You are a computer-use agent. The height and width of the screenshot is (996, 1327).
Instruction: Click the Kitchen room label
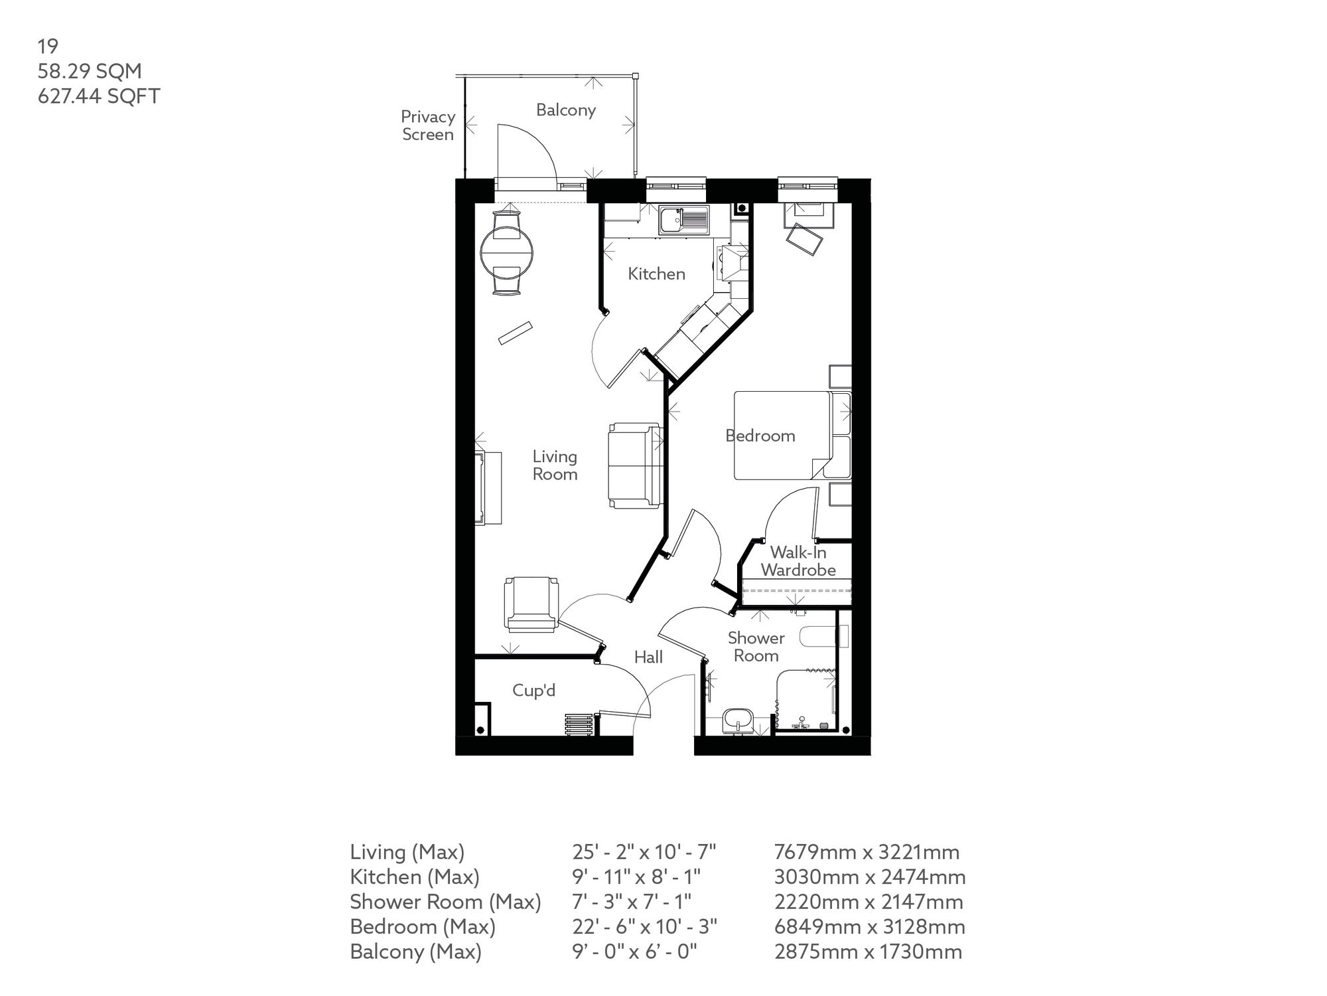(656, 274)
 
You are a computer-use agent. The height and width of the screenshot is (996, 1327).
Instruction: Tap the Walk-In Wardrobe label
(798, 561)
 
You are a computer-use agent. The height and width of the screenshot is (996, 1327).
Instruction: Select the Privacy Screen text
(428, 125)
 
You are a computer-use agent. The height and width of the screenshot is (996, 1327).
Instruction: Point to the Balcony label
(565, 110)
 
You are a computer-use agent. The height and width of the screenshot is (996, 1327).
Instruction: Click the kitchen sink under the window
(683, 220)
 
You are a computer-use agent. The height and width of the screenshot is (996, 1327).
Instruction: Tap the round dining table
(507, 253)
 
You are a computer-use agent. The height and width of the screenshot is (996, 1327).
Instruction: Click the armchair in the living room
(530, 604)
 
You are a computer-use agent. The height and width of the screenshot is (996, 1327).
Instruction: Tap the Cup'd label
(533, 691)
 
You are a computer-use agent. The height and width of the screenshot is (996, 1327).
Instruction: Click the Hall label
(648, 657)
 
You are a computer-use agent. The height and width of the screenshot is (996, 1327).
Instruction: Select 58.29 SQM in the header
(90, 71)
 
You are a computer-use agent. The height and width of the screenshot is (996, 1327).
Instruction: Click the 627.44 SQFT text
(99, 96)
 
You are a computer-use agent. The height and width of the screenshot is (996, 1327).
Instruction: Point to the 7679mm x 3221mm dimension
(867, 852)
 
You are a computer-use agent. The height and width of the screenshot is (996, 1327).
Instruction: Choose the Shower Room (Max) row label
(445, 902)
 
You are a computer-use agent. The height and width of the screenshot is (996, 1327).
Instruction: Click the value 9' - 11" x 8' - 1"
(636, 877)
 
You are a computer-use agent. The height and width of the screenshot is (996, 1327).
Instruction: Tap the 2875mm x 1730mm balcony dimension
(868, 952)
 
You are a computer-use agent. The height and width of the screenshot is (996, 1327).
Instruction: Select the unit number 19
(48, 46)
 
